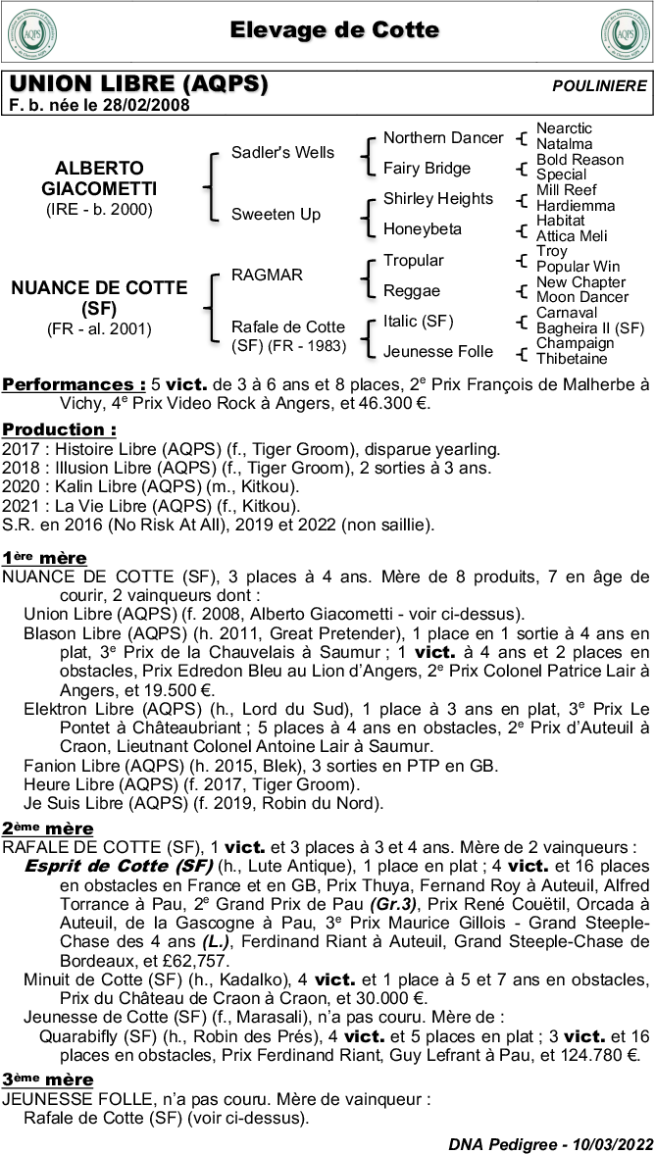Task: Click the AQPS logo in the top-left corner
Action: click(31, 32)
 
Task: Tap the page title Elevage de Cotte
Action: click(334, 30)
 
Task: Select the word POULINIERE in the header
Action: click(599, 86)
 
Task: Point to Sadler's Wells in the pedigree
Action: click(282, 152)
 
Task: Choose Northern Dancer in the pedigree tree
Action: click(442, 138)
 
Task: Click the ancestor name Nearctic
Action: click(564, 128)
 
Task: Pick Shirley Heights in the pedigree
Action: click(437, 199)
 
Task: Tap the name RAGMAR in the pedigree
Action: click(267, 276)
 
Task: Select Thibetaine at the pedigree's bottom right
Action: click(572, 359)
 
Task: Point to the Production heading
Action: click(59, 429)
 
